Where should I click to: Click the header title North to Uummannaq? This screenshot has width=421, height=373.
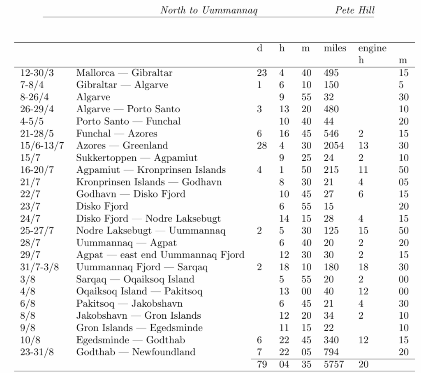point(209,10)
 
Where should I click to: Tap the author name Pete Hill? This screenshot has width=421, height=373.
point(355,10)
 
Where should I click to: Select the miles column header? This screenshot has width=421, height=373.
point(335,49)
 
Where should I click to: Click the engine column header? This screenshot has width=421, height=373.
point(372,49)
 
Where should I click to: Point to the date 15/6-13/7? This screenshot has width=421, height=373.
point(42,146)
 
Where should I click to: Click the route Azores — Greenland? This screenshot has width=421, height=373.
point(122,146)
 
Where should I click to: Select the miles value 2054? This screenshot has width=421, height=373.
point(334,146)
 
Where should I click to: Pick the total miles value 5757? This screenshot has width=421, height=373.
point(334,364)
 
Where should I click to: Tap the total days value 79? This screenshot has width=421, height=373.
point(262,364)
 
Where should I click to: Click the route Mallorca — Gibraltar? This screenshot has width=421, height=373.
point(124,73)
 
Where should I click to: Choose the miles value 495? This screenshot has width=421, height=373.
point(331,73)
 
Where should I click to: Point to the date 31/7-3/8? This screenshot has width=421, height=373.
point(39,267)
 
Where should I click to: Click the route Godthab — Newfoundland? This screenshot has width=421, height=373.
point(136,352)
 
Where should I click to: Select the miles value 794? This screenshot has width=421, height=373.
point(331,352)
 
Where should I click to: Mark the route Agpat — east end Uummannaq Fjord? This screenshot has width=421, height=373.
point(160,255)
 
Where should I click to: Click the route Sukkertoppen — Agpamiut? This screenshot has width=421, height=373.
point(136,158)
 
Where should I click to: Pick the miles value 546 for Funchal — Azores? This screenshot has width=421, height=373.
point(331,134)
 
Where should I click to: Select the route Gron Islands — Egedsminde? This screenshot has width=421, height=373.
point(139,328)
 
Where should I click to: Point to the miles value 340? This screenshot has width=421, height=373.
point(331,340)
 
